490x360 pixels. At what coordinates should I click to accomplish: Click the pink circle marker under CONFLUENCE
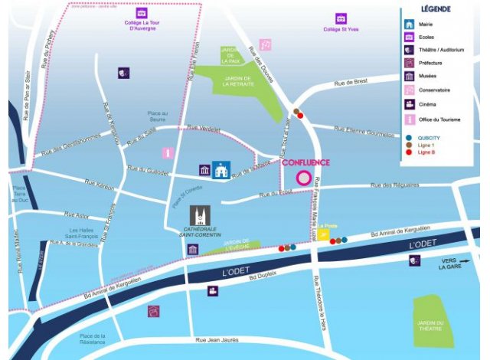pyautogui.click(x=304, y=178)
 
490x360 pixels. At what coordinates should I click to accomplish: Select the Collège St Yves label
pyautogui.click(x=341, y=29)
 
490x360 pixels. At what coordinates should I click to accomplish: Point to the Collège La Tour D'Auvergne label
pyautogui.click(x=142, y=27)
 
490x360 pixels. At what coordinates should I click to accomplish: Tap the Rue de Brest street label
pyautogui.click(x=351, y=83)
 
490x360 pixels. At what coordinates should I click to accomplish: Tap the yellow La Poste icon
pyautogui.click(x=325, y=235)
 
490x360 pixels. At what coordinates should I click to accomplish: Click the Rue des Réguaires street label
pyautogui.click(x=394, y=185)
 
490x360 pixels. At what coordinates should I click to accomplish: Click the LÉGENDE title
pyautogui.click(x=436, y=9)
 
